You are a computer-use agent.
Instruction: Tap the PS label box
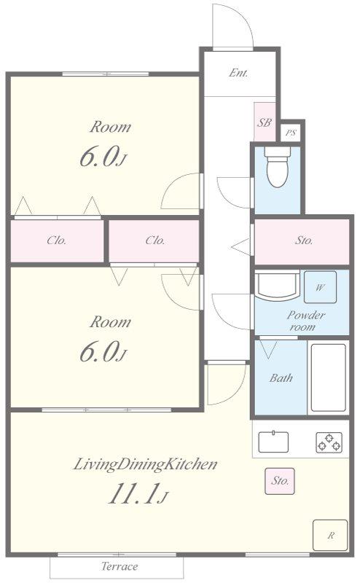point(291,133)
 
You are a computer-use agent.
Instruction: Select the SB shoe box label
point(265,122)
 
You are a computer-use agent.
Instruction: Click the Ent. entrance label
point(238,72)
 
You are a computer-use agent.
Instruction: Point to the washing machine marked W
point(320,287)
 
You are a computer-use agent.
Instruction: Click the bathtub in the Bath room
point(329,377)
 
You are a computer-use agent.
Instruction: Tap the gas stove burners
point(329,442)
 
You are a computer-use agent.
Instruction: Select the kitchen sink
point(273,442)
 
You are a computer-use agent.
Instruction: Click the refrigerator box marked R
point(330,535)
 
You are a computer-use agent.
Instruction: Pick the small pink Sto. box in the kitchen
point(280,481)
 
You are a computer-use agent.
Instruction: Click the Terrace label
point(120,566)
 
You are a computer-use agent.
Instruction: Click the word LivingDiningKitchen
point(145,464)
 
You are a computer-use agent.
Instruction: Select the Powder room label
point(305,321)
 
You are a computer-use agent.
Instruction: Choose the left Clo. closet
point(57,241)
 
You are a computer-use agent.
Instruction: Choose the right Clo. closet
point(154,241)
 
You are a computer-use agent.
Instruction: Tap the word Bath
point(281,378)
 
